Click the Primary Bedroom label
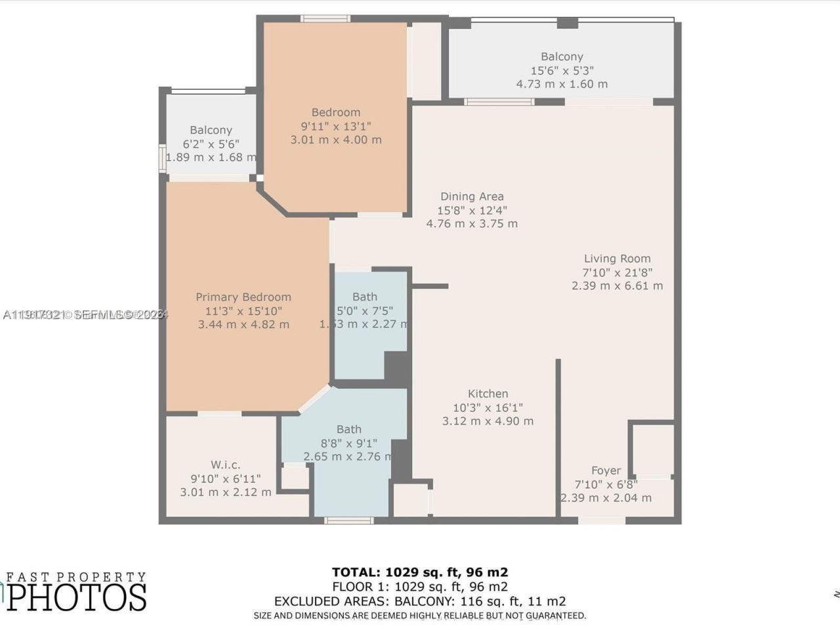point(243,297)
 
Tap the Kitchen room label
point(488,394)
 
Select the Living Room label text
point(617,259)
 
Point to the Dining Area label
point(472,196)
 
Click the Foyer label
point(606,471)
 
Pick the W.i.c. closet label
point(225,465)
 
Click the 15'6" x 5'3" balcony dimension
point(562,70)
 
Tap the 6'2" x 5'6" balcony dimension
point(211,144)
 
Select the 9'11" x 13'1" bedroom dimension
point(335,126)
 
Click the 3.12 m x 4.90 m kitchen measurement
point(488,421)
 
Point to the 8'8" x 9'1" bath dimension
point(348,443)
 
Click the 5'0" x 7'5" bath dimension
point(364,310)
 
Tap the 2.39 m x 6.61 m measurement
point(617,286)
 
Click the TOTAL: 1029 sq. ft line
point(419,572)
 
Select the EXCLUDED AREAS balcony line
point(419,601)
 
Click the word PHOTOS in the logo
point(77,597)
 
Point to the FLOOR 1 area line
point(419,587)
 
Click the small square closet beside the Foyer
point(652,450)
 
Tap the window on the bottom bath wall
point(349,521)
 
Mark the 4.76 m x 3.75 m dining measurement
point(472,224)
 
